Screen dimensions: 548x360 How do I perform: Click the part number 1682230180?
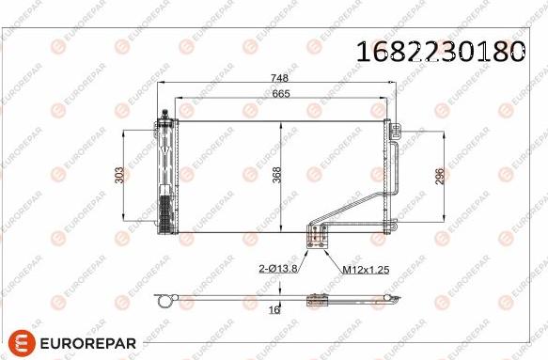[x=441, y=52]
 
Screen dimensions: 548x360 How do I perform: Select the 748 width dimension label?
[x=279, y=78]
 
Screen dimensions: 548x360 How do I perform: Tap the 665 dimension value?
[x=281, y=94]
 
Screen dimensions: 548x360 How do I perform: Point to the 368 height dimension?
[x=276, y=175]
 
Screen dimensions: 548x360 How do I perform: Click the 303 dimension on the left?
[x=119, y=175]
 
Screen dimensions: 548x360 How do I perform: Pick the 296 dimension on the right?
[x=440, y=176]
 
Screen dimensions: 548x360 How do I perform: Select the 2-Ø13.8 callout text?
[x=278, y=269]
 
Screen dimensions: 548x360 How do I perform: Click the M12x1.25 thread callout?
[x=366, y=270]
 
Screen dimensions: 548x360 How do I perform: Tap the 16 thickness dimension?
[x=274, y=309]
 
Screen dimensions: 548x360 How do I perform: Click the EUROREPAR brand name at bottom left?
[x=88, y=343]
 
